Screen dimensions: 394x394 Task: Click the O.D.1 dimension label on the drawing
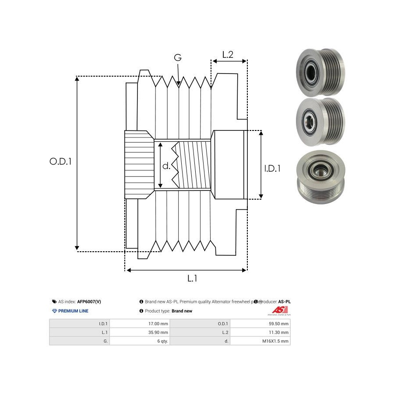click(x=60, y=161)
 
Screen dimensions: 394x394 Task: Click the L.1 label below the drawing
click(x=192, y=278)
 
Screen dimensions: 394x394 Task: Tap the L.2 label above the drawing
click(x=228, y=55)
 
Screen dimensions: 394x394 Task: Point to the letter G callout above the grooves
click(x=178, y=58)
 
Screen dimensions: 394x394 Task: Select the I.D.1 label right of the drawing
click(x=272, y=168)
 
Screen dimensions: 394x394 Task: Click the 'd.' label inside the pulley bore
click(x=166, y=166)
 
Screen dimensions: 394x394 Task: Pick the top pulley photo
click(x=320, y=72)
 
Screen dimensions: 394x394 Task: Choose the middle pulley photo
click(x=320, y=119)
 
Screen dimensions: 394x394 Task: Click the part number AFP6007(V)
click(x=89, y=302)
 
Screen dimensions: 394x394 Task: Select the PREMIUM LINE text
click(x=73, y=311)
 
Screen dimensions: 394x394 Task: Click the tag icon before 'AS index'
click(x=54, y=302)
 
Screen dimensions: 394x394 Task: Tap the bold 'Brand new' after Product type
click(x=182, y=311)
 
